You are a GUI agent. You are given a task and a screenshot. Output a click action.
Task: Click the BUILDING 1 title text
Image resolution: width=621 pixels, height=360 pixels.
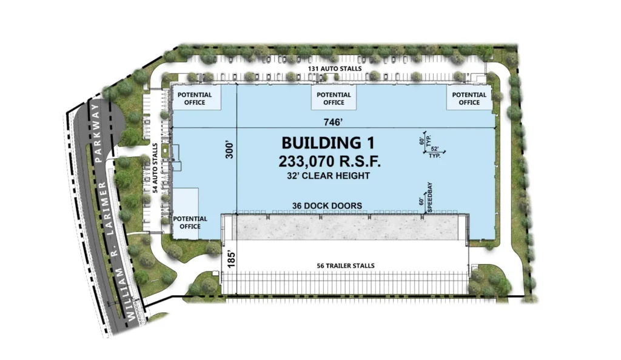[328, 143]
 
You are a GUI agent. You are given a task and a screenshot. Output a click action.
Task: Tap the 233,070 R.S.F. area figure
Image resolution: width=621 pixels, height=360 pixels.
[329, 161]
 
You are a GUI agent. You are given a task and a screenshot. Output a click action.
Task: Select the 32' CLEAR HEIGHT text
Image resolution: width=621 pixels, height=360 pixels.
[328, 176]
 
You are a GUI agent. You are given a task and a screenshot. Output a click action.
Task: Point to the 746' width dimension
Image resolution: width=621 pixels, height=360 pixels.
[333, 122]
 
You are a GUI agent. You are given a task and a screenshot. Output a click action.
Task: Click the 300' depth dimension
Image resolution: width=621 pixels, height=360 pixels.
[230, 150]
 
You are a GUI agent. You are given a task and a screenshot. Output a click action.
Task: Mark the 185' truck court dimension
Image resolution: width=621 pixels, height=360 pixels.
[232, 259]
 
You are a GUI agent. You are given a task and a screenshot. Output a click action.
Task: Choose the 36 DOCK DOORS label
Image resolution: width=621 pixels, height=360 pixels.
[327, 205]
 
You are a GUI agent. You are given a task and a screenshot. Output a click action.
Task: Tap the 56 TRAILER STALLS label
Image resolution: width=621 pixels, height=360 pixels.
[346, 266]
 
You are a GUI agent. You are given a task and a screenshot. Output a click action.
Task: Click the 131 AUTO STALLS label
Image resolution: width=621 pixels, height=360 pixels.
[335, 68]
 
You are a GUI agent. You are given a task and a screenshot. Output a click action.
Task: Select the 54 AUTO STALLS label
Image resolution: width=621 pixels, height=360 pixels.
[155, 168]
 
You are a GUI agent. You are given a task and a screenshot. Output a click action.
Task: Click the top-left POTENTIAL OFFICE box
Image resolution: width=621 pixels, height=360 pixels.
[197, 98]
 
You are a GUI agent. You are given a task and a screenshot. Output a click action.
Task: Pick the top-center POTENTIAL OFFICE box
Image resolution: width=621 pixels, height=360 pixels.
[334, 98]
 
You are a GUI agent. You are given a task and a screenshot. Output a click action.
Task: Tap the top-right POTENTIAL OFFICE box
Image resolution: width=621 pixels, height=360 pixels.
[469, 98]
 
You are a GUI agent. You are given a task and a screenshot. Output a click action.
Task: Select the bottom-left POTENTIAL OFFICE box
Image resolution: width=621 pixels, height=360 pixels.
[186, 213]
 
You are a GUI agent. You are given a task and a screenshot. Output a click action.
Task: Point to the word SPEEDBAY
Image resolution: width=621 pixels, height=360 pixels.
[430, 198]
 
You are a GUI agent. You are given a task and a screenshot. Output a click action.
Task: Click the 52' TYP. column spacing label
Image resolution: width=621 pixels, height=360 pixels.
[435, 152]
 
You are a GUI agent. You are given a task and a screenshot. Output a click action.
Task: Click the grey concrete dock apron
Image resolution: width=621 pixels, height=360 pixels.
[344, 227]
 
